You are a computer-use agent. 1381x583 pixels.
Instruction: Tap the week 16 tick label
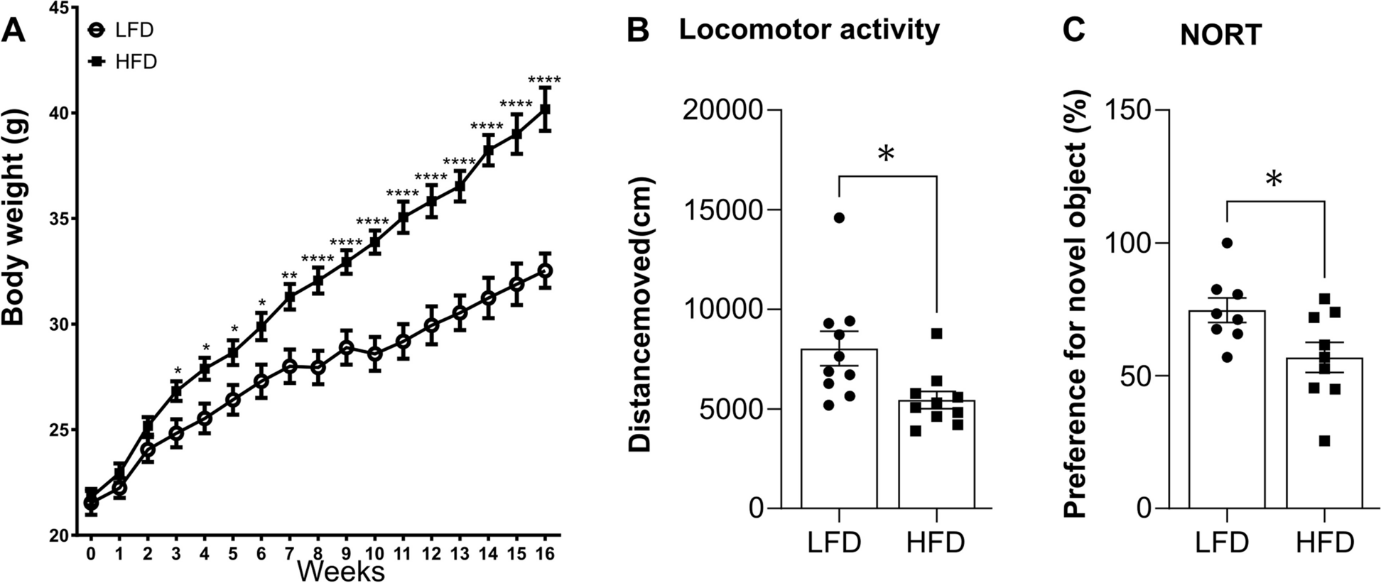(x=545, y=554)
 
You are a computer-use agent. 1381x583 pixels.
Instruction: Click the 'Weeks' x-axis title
(x=341, y=570)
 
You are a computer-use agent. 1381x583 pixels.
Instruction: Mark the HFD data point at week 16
(x=545, y=109)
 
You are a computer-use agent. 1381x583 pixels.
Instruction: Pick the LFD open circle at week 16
(x=545, y=271)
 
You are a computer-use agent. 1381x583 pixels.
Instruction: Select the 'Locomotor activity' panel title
(x=809, y=30)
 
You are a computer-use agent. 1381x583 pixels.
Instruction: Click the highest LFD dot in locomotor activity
(x=839, y=217)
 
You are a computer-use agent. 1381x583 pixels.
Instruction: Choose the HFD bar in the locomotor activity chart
(x=936, y=454)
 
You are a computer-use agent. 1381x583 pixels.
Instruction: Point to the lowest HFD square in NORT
(x=1323, y=441)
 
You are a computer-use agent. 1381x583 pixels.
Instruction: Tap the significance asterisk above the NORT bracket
(x=1274, y=180)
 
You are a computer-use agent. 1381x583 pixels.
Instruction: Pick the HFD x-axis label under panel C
(x=1323, y=543)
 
